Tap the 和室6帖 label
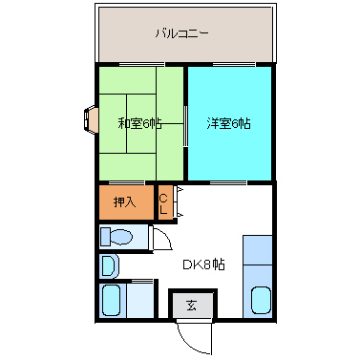139,122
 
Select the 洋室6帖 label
228,122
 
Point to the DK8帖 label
205,265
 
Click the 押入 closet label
125,201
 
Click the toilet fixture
119,236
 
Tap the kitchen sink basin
260,300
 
